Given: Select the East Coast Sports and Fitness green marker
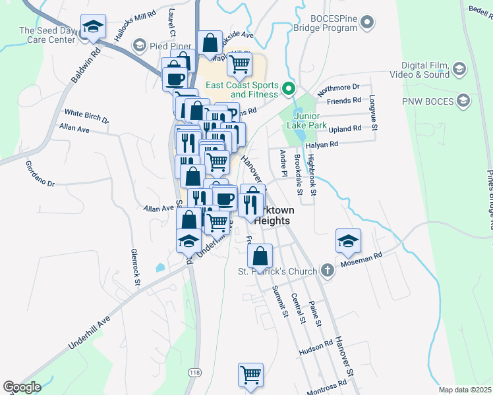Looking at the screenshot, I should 288,88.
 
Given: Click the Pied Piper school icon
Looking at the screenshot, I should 138,45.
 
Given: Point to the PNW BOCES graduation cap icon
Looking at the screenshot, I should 463,101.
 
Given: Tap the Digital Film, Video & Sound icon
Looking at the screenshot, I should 459,68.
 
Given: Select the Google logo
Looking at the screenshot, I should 22,387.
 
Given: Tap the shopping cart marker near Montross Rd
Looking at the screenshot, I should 250,375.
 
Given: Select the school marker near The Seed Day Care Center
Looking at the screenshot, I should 93,27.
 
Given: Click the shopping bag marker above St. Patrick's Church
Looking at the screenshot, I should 261,255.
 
